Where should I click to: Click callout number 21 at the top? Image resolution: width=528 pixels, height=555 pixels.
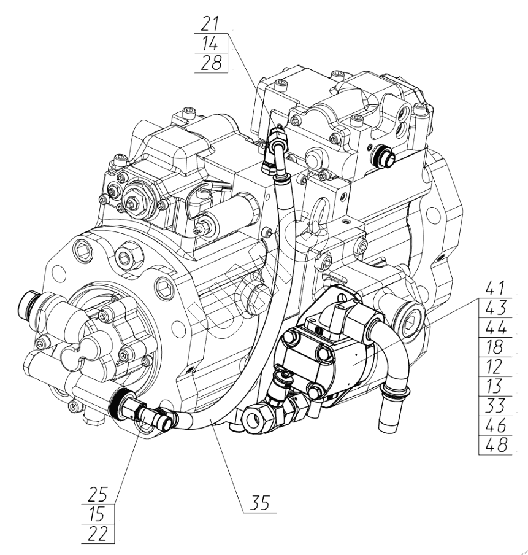point(211,25)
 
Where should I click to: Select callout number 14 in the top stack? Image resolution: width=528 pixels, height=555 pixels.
point(211,44)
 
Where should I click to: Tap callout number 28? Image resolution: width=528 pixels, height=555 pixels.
point(211,63)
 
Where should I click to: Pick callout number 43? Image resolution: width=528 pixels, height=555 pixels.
point(494,308)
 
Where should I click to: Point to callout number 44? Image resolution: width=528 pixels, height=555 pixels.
point(494,327)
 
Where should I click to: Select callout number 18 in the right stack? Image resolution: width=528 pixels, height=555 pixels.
point(494,347)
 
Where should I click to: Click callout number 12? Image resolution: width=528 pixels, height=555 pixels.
point(494,367)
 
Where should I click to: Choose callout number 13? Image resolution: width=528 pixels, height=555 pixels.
point(494,386)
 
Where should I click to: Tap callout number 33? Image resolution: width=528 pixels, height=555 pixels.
point(494,406)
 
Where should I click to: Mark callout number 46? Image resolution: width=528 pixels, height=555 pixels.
point(494,425)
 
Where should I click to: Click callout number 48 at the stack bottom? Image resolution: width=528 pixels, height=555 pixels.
point(494,445)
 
